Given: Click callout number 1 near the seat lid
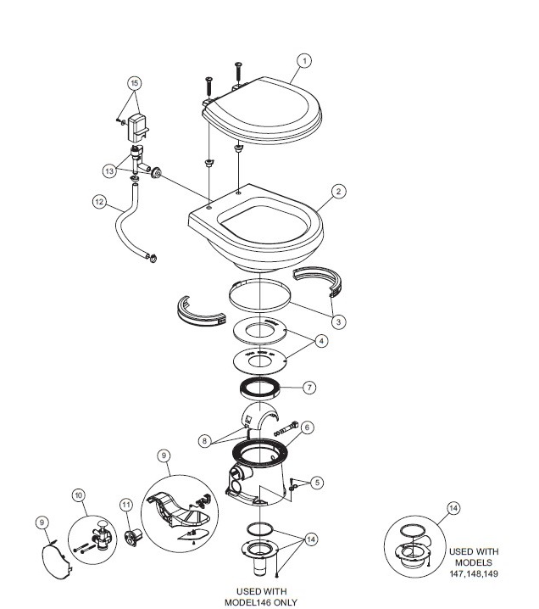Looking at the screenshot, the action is [x=304, y=61].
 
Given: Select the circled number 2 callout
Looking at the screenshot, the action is [x=338, y=192].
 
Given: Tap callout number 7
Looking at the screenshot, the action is [x=308, y=388].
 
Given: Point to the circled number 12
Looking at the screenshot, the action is [x=99, y=202].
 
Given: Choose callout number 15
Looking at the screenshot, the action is [x=134, y=83].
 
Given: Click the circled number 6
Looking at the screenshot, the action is [x=307, y=427].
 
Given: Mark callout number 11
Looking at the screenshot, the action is [x=126, y=505].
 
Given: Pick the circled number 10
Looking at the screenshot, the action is [x=79, y=495].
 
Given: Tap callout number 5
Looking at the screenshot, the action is [x=317, y=483].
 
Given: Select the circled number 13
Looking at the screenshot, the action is [x=110, y=170].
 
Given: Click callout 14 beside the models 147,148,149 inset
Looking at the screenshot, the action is [x=453, y=508].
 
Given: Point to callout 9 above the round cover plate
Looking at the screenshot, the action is [x=42, y=522].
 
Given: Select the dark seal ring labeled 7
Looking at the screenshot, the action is [x=259, y=388].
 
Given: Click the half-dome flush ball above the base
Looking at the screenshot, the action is [x=259, y=416].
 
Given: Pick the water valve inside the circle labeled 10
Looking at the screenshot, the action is [x=103, y=535].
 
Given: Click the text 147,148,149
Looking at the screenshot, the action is [x=474, y=573].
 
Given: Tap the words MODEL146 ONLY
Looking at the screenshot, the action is [x=261, y=602].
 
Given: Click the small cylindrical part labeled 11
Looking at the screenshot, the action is [x=133, y=538].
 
